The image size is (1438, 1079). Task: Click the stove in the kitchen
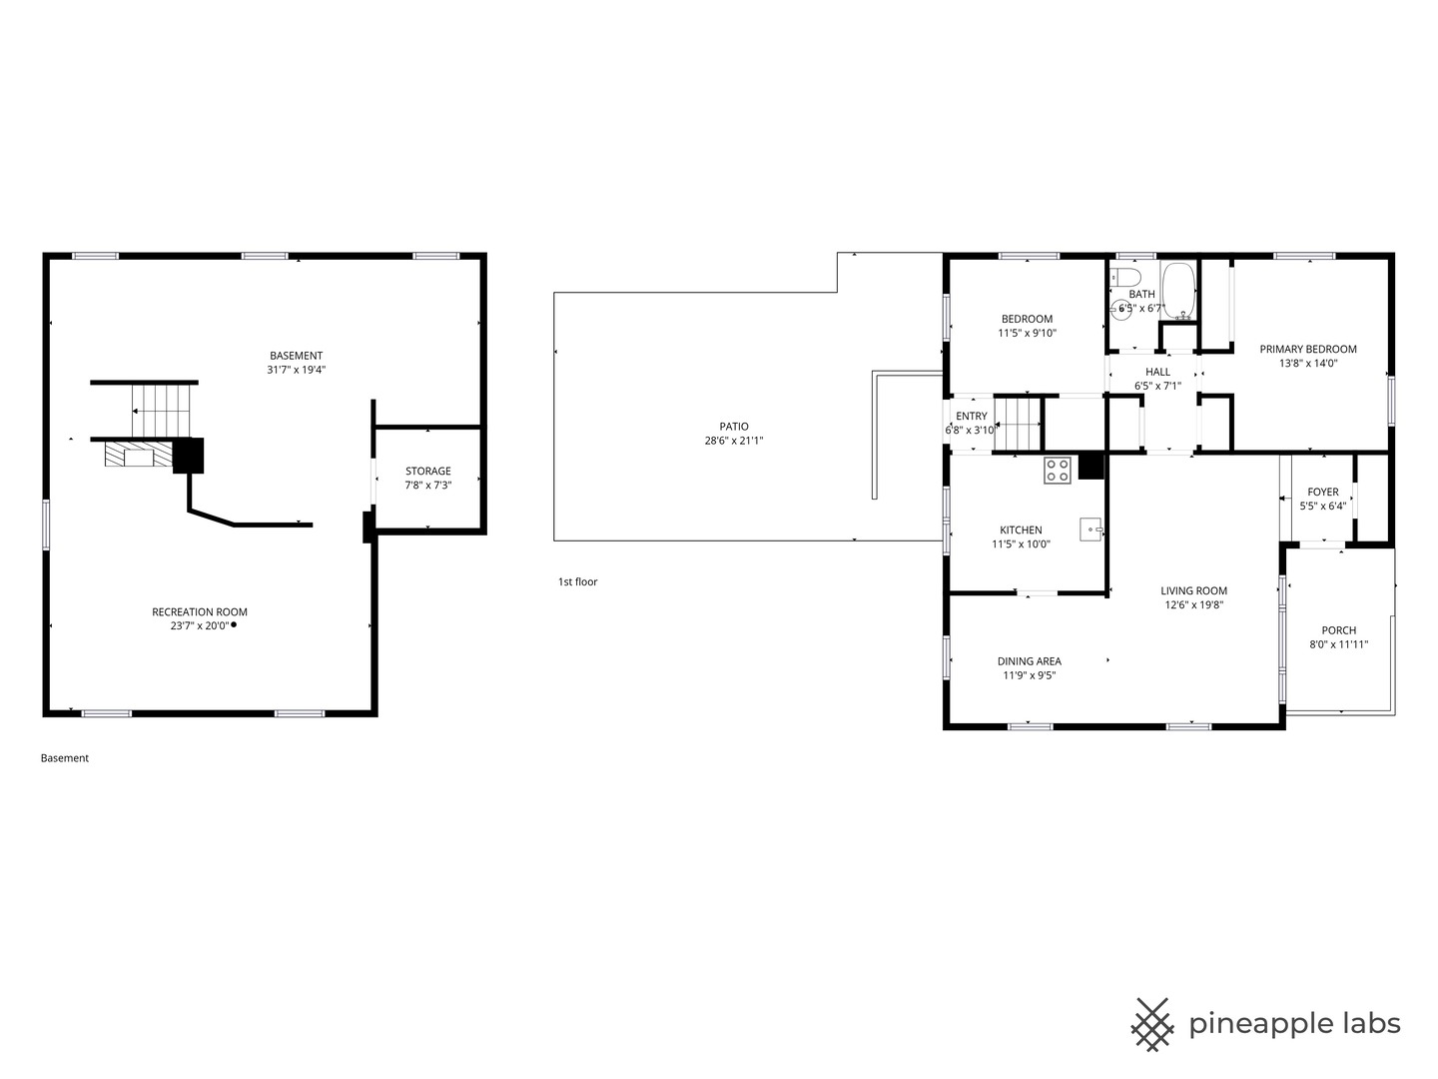pyautogui.click(x=1057, y=470)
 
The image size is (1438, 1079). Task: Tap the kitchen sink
pyautogui.click(x=1090, y=529)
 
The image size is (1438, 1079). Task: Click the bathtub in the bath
pyautogui.click(x=1178, y=291)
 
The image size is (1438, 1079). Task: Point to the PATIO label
pyautogui.click(x=734, y=427)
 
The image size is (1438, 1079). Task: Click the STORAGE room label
pyautogui.click(x=427, y=471)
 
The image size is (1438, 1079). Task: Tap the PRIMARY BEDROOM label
pyautogui.click(x=1307, y=350)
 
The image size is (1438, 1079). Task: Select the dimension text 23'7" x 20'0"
pyautogui.click(x=200, y=625)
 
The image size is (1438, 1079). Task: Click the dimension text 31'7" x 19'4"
pyautogui.click(x=297, y=370)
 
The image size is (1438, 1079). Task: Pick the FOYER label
pyautogui.click(x=1323, y=492)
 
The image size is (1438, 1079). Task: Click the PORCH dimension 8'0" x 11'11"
pyautogui.click(x=1338, y=644)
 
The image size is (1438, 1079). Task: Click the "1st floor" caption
pyautogui.click(x=577, y=581)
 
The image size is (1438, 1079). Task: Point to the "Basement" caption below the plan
pyautogui.click(x=64, y=758)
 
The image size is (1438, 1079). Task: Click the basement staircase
pyautogui.click(x=161, y=410)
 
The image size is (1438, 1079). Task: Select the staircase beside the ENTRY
pyautogui.click(x=1018, y=424)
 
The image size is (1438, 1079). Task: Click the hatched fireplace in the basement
pyautogui.click(x=139, y=454)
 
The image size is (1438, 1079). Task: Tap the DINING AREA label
pyautogui.click(x=1030, y=661)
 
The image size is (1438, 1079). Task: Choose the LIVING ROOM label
pyautogui.click(x=1193, y=590)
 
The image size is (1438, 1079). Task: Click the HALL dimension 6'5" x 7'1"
pyautogui.click(x=1157, y=386)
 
